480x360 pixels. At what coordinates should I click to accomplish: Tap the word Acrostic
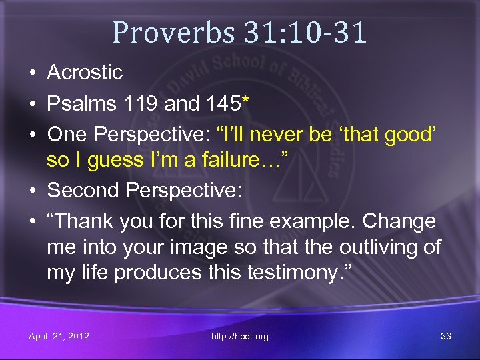pos(85,73)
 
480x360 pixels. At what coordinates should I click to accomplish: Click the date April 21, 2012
pos(59,336)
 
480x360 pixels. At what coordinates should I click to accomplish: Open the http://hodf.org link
pos(239,336)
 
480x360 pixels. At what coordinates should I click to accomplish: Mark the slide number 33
pos(446,336)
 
